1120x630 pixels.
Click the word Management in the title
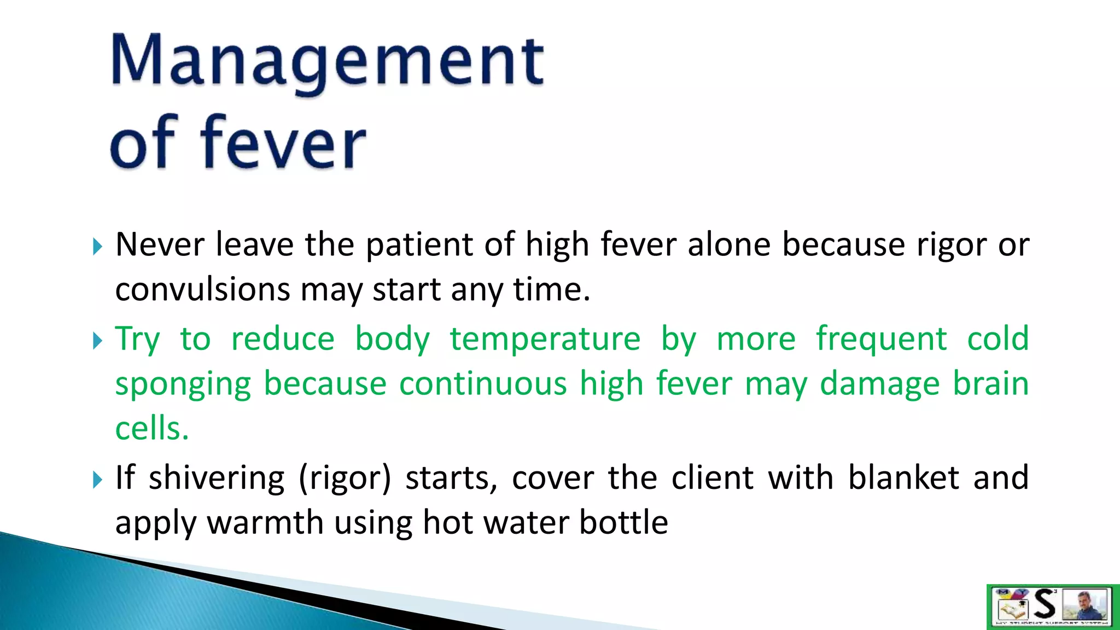tap(327, 61)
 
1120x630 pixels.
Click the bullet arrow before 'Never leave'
tap(97, 247)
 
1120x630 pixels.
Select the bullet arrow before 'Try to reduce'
tap(97, 341)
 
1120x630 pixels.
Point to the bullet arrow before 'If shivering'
tap(97, 480)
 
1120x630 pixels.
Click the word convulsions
tap(202, 289)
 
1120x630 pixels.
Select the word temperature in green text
tap(545, 339)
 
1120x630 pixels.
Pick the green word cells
tap(151, 428)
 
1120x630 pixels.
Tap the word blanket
tap(903, 478)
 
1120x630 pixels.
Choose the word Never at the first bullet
tap(160, 244)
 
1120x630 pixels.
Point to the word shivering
tap(217, 479)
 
